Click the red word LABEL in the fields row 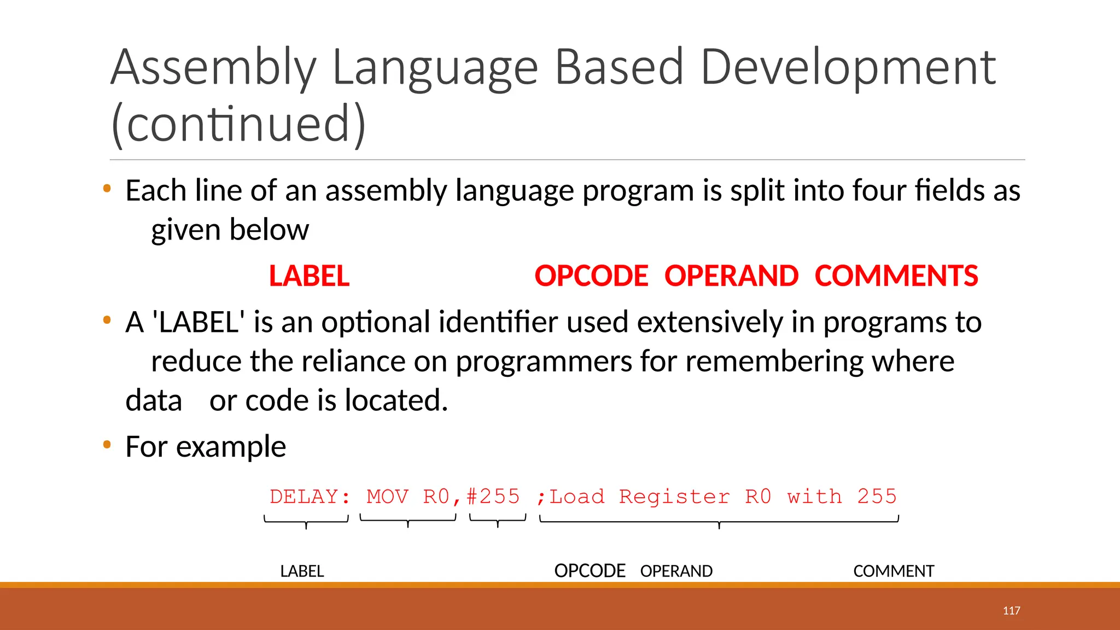pos(309,276)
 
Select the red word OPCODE pos(591,276)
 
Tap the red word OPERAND pos(731,276)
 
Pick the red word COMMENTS pos(896,276)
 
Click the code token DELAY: pos(310,497)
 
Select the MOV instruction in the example pos(387,497)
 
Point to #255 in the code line pos(493,497)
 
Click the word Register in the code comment pos(674,497)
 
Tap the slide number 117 pos(1011,611)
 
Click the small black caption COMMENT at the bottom pos(893,571)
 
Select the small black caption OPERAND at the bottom pos(676,571)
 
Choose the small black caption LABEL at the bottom pos(302,571)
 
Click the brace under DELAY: pos(306,521)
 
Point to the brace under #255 pos(498,521)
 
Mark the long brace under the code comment pos(719,521)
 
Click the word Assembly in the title pos(213,68)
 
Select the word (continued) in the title pos(238,124)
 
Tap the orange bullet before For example pos(107,445)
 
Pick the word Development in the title pos(848,68)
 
